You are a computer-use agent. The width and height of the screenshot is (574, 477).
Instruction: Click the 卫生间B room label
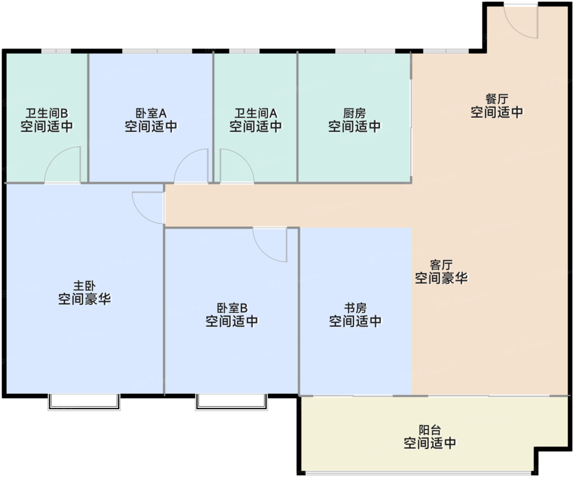click(47, 113)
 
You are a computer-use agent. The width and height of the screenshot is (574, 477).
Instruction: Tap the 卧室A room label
click(151, 113)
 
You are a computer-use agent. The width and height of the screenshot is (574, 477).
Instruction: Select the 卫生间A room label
click(256, 113)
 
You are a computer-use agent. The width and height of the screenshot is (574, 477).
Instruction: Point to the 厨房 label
click(355, 113)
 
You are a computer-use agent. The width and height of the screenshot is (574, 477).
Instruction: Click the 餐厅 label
click(497, 99)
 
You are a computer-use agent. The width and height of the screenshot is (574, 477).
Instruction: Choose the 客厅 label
click(441, 265)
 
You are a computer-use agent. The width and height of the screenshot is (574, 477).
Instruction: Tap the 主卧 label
click(84, 286)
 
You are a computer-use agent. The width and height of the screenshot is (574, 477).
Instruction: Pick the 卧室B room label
click(232, 308)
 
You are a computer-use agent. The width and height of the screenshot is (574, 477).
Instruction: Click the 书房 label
click(355, 308)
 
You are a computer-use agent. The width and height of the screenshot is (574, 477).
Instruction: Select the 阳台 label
click(430, 430)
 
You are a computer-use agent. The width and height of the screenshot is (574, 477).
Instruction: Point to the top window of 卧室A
click(157, 51)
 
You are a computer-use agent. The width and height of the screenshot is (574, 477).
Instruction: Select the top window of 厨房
click(365, 51)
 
